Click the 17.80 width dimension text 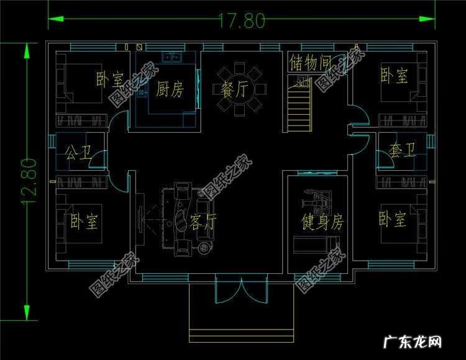241,20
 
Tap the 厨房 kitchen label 170,90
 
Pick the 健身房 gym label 322,222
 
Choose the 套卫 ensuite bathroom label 402,151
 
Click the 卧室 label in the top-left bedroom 111,79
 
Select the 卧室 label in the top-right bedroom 394,76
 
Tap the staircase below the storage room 299,107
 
